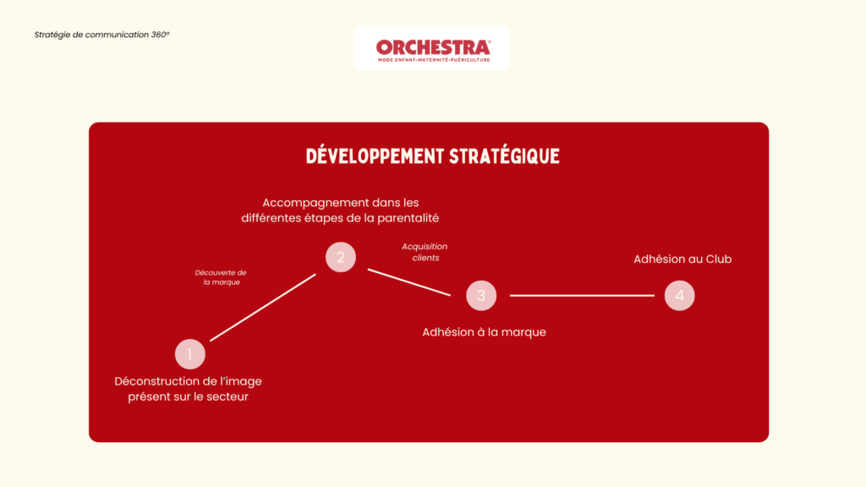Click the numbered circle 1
[x=190, y=354]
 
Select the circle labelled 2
[x=341, y=257]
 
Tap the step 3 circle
[x=481, y=295]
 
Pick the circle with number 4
[x=679, y=295]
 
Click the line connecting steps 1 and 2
[x=263, y=308]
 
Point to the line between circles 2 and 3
[x=409, y=282]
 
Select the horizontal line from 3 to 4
[x=582, y=295]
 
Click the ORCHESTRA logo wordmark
[x=433, y=47]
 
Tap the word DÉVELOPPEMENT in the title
[x=375, y=156]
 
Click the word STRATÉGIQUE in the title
[x=504, y=156]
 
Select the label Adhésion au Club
[x=682, y=259]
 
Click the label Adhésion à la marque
[x=485, y=331]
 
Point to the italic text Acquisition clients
[x=425, y=252]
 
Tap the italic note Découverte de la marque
[x=221, y=277]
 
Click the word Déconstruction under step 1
[x=154, y=381]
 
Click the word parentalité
[x=408, y=218]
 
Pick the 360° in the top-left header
[x=160, y=34]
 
